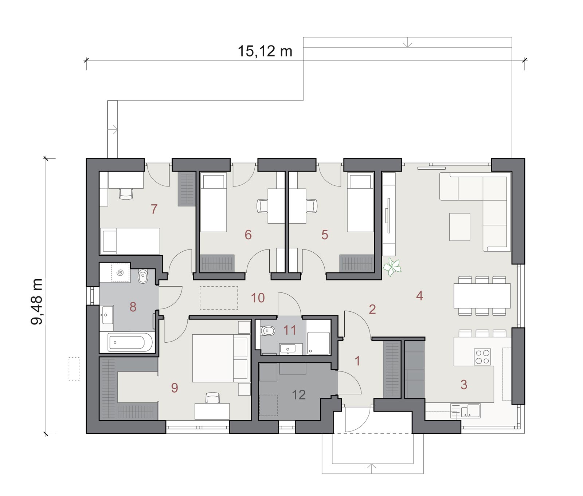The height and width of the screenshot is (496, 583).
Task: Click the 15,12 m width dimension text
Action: [x=265, y=51]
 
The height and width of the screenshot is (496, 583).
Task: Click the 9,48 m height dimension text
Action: [x=37, y=301]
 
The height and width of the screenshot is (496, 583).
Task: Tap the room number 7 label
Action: [x=154, y=209]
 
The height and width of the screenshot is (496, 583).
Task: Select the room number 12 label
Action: [x=299, y=394]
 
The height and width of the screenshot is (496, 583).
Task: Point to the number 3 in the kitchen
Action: [x=464, y=385]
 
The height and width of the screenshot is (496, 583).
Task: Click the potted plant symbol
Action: [x=392, y=267]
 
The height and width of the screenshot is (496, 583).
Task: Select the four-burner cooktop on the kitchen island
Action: [x=482, y=357]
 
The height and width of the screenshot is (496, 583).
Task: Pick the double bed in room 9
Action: [x=220, y=358]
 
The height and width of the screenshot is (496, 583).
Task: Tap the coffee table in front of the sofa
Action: [x=459, y=227]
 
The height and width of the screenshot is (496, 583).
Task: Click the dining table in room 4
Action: [x=482, y=296]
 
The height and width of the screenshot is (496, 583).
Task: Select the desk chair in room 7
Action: [x=126, y=193]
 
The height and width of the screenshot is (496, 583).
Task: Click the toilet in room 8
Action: [x=143, y=277]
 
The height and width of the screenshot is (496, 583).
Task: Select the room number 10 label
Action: [x=258, y=298]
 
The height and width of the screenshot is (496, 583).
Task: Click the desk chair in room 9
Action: [x=212, y=398]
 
